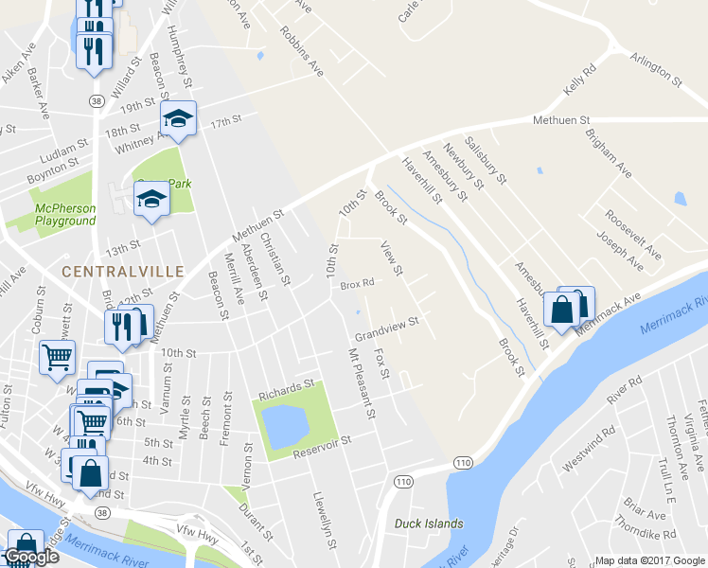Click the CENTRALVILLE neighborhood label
[x=122, y=271]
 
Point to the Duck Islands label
[x=431, y=524]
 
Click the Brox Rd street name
[x=358, y=283]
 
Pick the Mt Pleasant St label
[x=362, y=383]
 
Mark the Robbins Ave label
[x=301, y=50]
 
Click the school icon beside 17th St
[x=177, y=117]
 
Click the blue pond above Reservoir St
[x=283, y=425]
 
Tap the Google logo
[x=31, y=557]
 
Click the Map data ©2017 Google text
[x=648, y=560]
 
